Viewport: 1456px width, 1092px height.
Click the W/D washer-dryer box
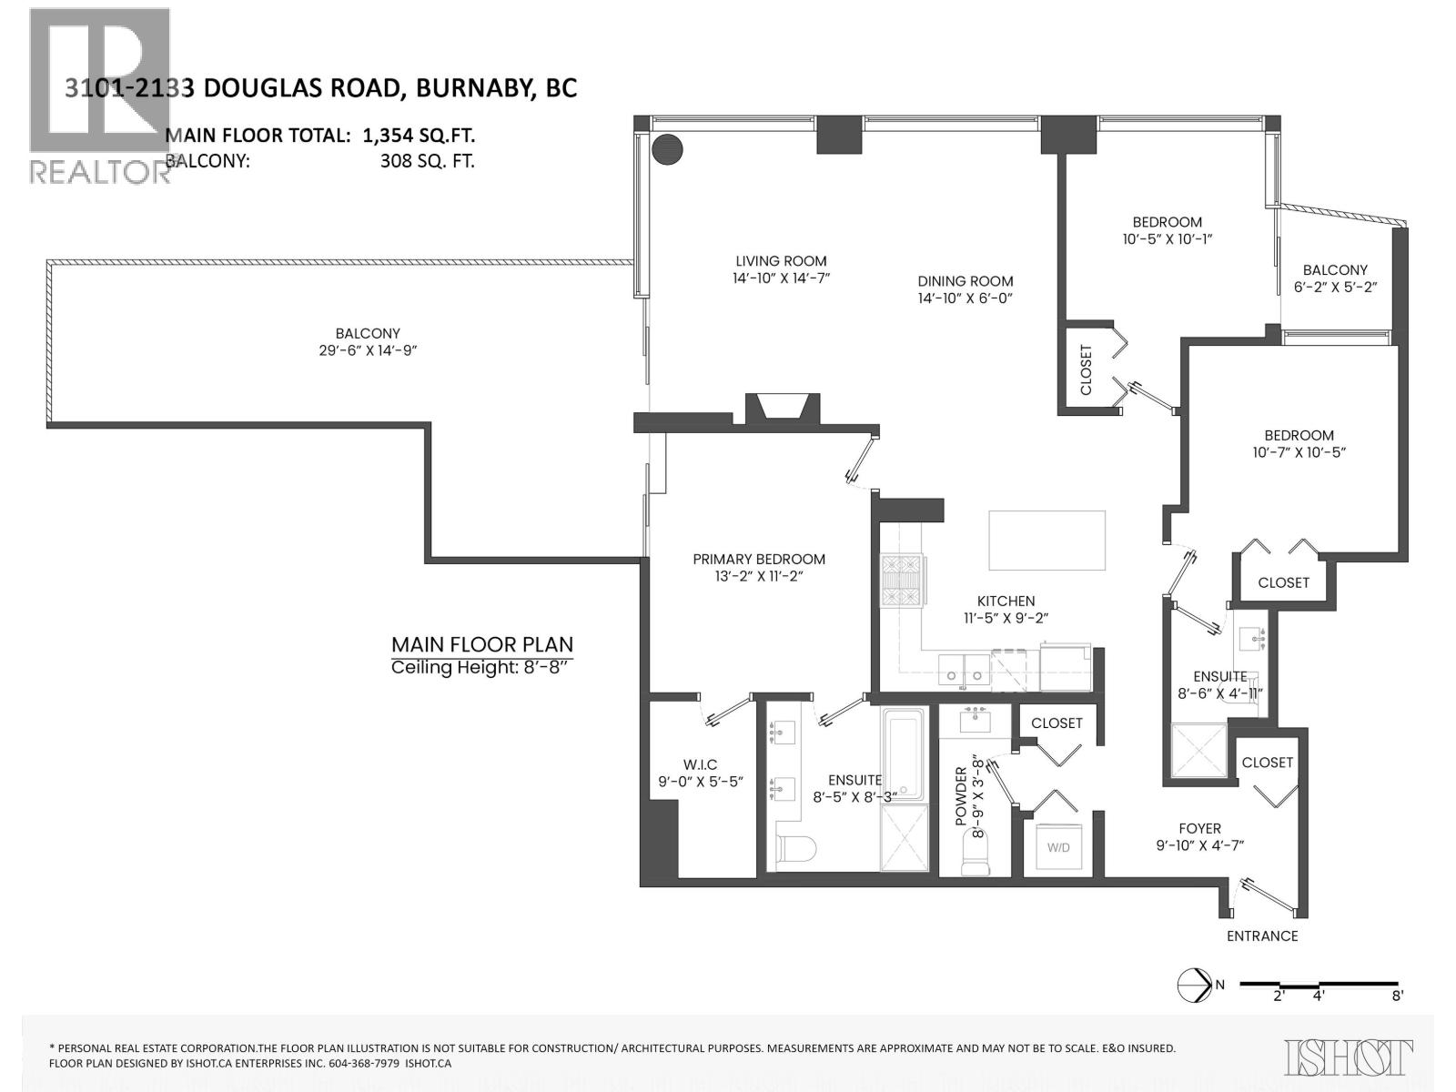coord(1058,847)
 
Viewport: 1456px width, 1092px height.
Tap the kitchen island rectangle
coord(1047,540)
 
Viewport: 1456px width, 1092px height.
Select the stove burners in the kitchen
coord(902,581)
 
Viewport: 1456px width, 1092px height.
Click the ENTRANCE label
coord(1261,935)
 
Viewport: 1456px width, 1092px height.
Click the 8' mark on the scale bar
coord(1397,996)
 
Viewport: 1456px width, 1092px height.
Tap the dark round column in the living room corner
coord(667,149)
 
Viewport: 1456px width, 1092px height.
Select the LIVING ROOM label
coord(781,261)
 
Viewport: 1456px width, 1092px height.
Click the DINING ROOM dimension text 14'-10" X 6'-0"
coord(965,298)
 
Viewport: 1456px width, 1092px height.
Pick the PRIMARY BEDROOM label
coord(759,559)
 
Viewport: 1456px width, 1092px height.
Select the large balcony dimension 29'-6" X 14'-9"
coord(368,350)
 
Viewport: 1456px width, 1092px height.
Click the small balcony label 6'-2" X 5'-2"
coord(1335,287)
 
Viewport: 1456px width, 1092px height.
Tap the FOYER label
coord(1199,828)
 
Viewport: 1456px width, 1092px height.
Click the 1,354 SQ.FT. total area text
coord(419,136)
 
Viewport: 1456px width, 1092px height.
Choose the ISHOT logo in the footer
coord(1348,1057)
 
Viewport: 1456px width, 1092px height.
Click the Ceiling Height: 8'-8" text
coord(481,668)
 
